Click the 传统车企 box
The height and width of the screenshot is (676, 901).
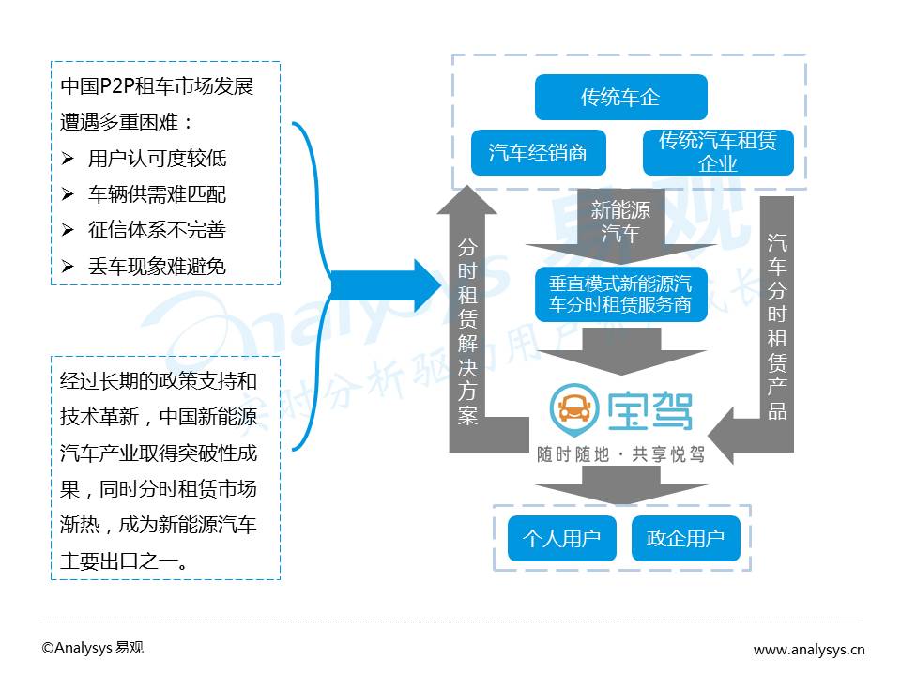pyautogui.click(x=619, y=98)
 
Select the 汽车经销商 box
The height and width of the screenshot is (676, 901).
pyautogui.click(x=538, y=153)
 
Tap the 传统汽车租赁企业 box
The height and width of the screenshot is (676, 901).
pyautogui.click(x=718, y=153)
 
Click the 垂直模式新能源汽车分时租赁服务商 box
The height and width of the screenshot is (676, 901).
pyautogui.click(x=620, y=293)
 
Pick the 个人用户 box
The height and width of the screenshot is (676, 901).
pyautogui.click(x=561, y=538)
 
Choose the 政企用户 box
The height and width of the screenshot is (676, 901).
pyautogui.click(x=685, y=538)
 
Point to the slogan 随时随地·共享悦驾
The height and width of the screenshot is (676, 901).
pyautogui.click(x=620, y=454)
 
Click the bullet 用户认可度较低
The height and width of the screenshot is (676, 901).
pyautogui.click(x=157, y=158)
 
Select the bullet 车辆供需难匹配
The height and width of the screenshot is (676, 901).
pyautogui.click(x=157, y=194)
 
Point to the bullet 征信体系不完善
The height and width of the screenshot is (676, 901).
pyautogui.click(x=157, y=230)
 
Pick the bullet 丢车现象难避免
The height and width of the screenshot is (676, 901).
pyautogui.click(x=157, y=267)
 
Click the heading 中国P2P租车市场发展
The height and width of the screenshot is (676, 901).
pyautogui.click(x=157, y=87)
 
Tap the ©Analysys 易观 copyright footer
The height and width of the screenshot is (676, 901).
pyautogui.click(x=93, y=648)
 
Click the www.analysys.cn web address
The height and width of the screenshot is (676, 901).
pyautogui.click(x=809, y=649)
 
